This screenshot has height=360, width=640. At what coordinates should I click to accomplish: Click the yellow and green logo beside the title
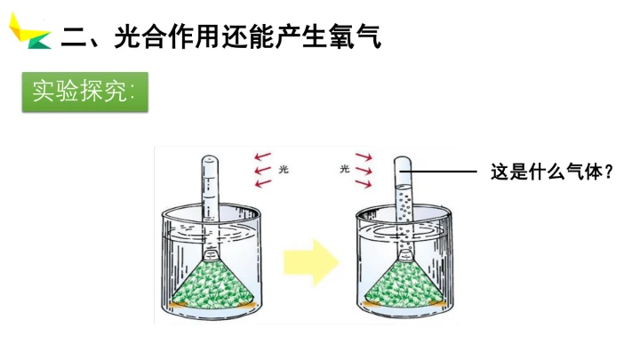coord(30,32)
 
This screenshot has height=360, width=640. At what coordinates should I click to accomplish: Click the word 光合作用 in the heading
coord(166,36)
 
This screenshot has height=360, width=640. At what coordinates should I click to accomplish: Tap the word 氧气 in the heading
coord(355,36)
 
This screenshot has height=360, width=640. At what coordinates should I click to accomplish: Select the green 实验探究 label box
coord(85,92)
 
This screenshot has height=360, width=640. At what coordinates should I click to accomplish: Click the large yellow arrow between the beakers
coord(311,262)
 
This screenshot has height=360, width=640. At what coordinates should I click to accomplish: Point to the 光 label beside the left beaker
coord(284,169)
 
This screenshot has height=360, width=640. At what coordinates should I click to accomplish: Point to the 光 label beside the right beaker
coord(345,169)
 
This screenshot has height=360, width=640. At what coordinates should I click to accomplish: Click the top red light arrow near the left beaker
coord(262,156)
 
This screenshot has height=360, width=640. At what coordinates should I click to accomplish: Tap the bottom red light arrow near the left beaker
coord(263,183)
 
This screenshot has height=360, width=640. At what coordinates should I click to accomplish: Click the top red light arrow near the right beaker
coord(364,156)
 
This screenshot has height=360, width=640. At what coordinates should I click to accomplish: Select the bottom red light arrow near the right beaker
coord(364,184)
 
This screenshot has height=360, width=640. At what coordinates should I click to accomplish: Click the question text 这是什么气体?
coord(552,172)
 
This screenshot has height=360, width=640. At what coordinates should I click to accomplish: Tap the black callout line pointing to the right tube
coord(438,172)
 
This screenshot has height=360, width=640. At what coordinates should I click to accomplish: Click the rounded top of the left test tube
coord(210,159)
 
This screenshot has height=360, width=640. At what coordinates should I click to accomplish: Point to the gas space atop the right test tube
coord(403,171)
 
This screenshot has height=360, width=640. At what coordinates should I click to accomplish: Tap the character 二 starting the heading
coord(73,37)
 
